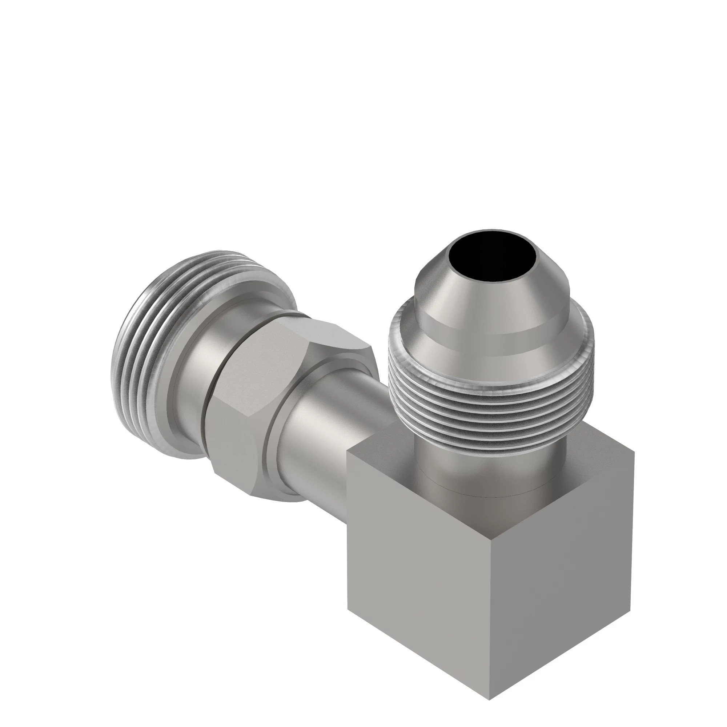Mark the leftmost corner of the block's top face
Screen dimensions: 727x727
[x=347, y=453]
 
